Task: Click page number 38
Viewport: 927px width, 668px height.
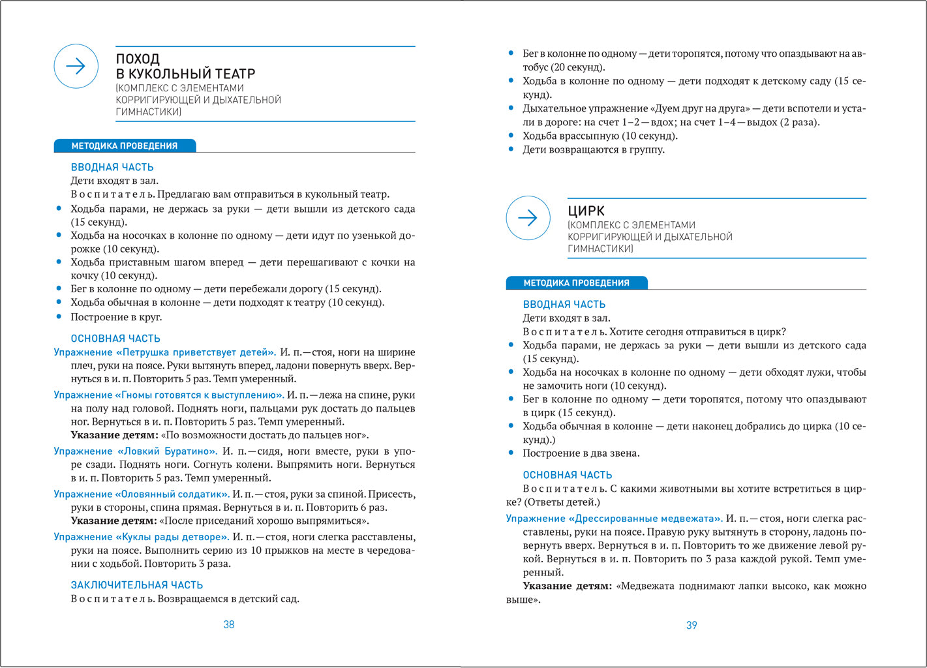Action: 229,624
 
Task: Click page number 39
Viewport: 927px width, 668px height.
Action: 691,625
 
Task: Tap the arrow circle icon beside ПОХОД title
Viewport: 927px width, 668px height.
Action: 76,66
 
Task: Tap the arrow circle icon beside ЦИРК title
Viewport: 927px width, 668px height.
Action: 528,218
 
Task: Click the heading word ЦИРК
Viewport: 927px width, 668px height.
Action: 586,211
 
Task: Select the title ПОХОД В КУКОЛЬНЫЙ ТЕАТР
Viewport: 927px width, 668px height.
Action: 185,67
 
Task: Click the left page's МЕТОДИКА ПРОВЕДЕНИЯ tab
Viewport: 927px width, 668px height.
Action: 125,146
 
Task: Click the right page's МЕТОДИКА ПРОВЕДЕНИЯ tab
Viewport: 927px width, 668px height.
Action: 576,283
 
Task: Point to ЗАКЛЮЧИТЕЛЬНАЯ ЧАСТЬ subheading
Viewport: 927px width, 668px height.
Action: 137,585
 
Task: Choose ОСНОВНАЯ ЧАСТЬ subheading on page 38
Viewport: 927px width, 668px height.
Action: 115,339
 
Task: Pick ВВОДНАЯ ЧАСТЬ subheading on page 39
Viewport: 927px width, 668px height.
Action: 564,305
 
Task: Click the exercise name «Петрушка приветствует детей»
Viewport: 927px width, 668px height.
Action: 164,352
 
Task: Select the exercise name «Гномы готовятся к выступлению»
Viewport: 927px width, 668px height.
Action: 169,395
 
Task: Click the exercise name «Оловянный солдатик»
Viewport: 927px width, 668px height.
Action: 142,494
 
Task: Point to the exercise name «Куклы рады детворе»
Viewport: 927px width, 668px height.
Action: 141,537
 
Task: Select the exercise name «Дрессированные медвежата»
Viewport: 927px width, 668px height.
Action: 614,519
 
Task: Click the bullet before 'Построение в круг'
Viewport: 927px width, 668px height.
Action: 59,317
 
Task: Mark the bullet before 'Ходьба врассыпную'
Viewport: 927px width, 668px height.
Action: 511,136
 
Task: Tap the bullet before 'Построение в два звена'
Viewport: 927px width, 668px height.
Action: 511,453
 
